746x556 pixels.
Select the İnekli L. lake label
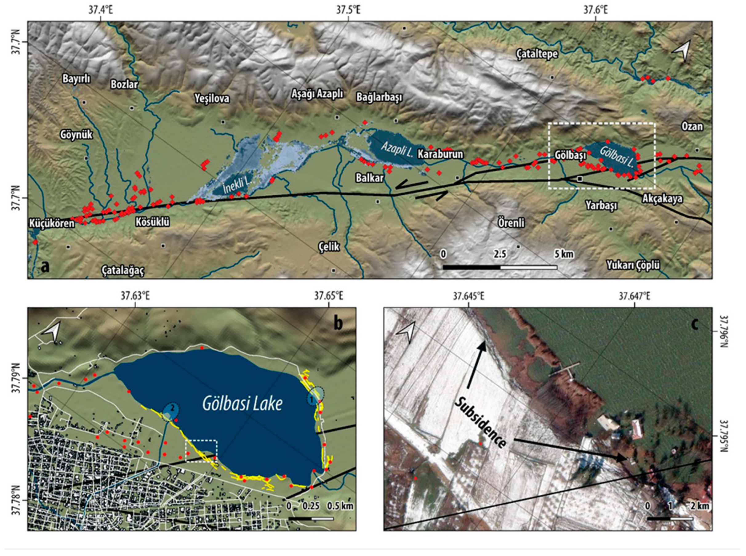(x=237, y=185)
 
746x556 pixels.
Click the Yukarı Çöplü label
(x=633, y=266)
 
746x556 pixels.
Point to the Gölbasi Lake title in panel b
(x=242, y=404)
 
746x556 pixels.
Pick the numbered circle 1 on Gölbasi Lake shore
(x=312, y=400)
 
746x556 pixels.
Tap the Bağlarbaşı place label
(x=379, y=98)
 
